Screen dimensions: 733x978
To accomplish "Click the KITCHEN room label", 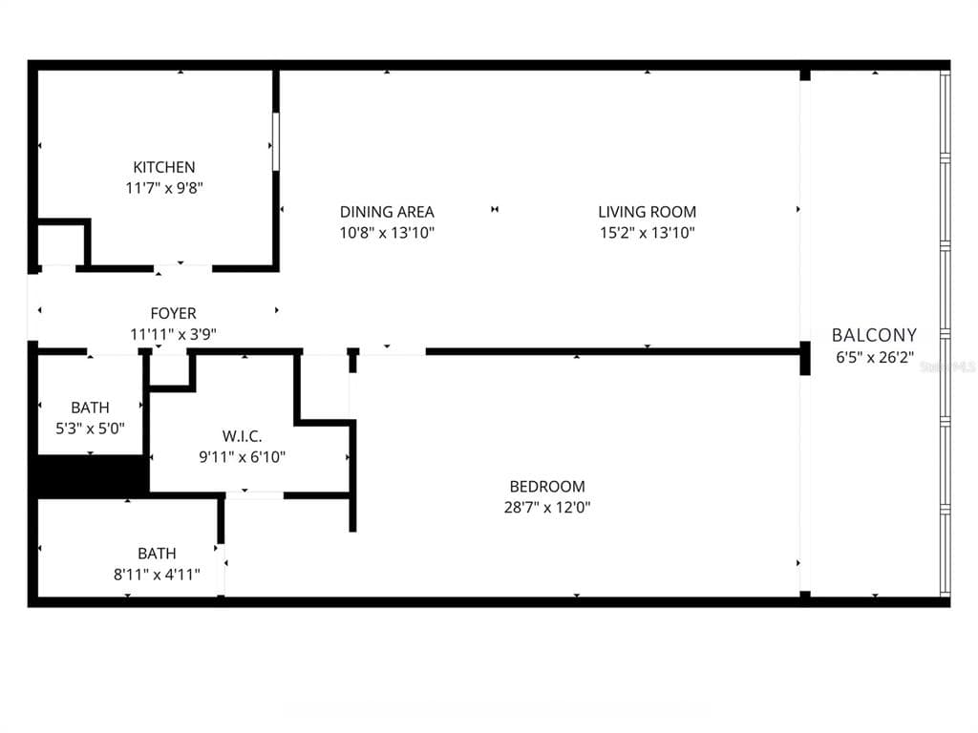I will tap(163, 167).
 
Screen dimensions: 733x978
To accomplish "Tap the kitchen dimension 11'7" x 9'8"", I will tap(163, 188).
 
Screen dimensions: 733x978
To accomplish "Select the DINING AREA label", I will tap(387, 212).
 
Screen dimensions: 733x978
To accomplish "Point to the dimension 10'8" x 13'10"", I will tap(387, 233).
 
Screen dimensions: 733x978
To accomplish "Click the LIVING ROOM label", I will tap(647, 212).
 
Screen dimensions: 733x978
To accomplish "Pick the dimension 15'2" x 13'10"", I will tap(647, 233).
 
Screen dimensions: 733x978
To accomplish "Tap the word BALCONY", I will tap(874, 335).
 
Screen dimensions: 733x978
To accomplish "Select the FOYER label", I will tap(173, 313).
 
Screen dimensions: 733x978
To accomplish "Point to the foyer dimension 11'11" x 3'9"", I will tap(173, 334).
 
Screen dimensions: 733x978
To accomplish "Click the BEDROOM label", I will tap(546, 487).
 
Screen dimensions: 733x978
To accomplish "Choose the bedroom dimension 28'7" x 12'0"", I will tap(546, 508).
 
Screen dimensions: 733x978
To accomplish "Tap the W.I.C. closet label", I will tap(242, 436).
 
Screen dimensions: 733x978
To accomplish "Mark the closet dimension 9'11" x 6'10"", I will tap(242, 457).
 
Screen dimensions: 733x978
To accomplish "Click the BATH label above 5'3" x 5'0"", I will tap(90, 408).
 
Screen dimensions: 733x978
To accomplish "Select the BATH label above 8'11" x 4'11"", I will tap(157, 554).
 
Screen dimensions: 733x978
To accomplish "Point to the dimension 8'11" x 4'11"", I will tap(157, 574).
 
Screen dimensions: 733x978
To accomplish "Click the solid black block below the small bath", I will tap(91, 475).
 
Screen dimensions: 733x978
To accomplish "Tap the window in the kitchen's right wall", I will tap(276, 142).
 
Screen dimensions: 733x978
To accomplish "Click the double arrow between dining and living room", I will tap(495, 210).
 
